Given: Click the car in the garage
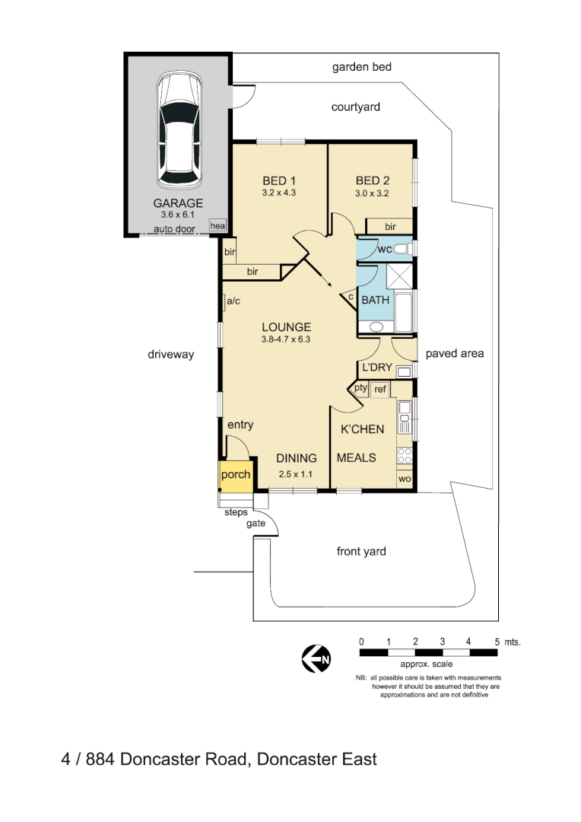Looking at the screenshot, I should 180,131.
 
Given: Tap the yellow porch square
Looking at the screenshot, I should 235,475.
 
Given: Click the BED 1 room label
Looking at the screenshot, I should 279,180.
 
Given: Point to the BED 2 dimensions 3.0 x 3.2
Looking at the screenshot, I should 373,193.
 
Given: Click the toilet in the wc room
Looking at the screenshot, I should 403,249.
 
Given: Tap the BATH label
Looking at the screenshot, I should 375,300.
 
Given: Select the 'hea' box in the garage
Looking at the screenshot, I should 218,225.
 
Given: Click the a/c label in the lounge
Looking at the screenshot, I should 233,302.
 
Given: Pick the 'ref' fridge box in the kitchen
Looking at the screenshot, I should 379,390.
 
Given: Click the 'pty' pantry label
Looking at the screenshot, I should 360,388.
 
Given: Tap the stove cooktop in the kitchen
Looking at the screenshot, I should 405,455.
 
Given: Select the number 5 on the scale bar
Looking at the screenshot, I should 497,642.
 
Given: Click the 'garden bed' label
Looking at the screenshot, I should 362,67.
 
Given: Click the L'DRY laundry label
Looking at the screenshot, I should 377,368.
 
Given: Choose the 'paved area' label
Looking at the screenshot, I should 455,353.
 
